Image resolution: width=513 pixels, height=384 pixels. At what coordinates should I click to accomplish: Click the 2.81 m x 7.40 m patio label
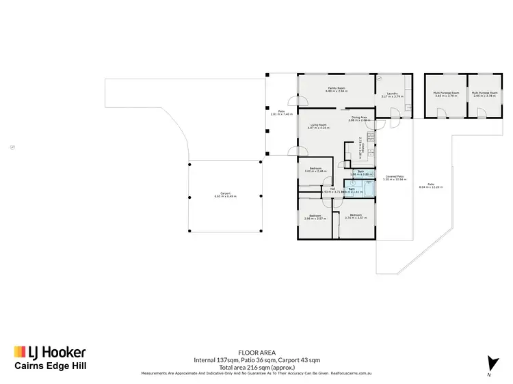tap(276, 113)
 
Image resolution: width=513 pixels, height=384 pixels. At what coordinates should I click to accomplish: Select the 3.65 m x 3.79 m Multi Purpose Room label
tap(445, 94)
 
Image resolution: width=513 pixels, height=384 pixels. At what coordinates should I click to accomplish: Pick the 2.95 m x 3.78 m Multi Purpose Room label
tap(484, 94)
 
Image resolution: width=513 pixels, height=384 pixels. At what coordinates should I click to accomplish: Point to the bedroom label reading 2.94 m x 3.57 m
tap(314, 217)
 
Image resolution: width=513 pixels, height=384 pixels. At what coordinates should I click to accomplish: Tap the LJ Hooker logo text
tap(49, 353)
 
